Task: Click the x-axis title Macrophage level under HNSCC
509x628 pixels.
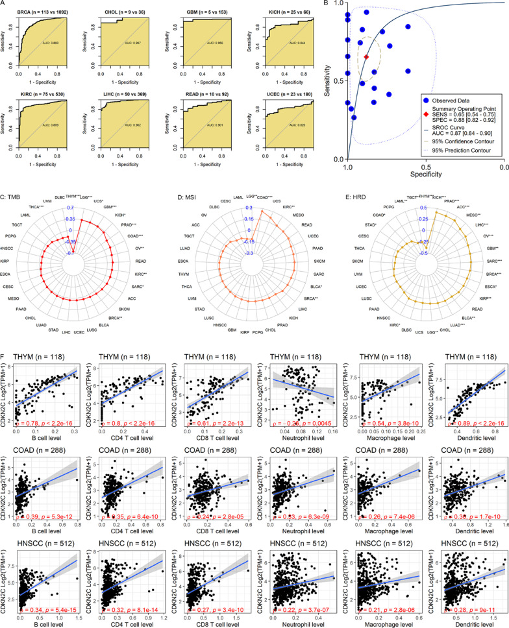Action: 381,621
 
